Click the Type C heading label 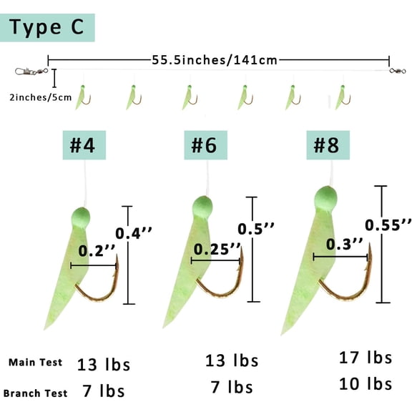(x=47, y=28)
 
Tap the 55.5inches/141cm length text (x=215, y=60)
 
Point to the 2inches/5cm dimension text (x=41, y=97)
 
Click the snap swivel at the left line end (x=31, y=72)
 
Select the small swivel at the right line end (x=398, y=71)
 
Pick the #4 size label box (x=84, y=145)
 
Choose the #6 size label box (x=205, y=145)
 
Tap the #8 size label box (x=328, y=145)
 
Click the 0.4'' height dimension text (x=134, y=233)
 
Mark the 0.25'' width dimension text (x=217, y=249)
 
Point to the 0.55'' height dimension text (x=388, y=225)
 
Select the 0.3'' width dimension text (x=345, y=244)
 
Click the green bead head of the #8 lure (x=325, y=199)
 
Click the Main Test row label (x=36, y=363)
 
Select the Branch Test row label (x=36, y=393)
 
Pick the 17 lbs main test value (x=366, y=358)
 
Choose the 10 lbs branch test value (x=366, y=384)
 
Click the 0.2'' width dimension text (x=97, y=250)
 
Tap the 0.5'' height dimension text (x=256, y=229)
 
